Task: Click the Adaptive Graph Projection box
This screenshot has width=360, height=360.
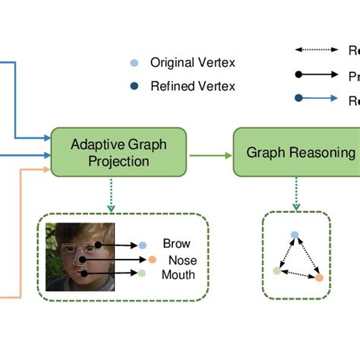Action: coord(118,152)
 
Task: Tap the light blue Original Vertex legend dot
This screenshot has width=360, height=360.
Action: coord(134,62)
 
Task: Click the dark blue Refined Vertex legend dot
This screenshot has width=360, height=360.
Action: coord(134,87)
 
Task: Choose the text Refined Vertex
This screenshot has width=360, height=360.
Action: coord(193,87)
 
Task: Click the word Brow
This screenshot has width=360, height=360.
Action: coord(176,245)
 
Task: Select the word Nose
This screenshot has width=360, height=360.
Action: coord(182,260)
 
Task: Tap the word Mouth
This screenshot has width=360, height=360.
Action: coord(178,274)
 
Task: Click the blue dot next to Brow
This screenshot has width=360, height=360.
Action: coord(142,245)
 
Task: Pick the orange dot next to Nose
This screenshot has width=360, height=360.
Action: coord(152,260)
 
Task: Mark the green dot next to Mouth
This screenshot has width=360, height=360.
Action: coord(142,273)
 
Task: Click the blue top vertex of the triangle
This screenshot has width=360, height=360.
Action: coord(295,235)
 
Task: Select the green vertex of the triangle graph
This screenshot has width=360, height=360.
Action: coord(276,270)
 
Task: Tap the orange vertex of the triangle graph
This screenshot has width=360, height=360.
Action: coord(319,278)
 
